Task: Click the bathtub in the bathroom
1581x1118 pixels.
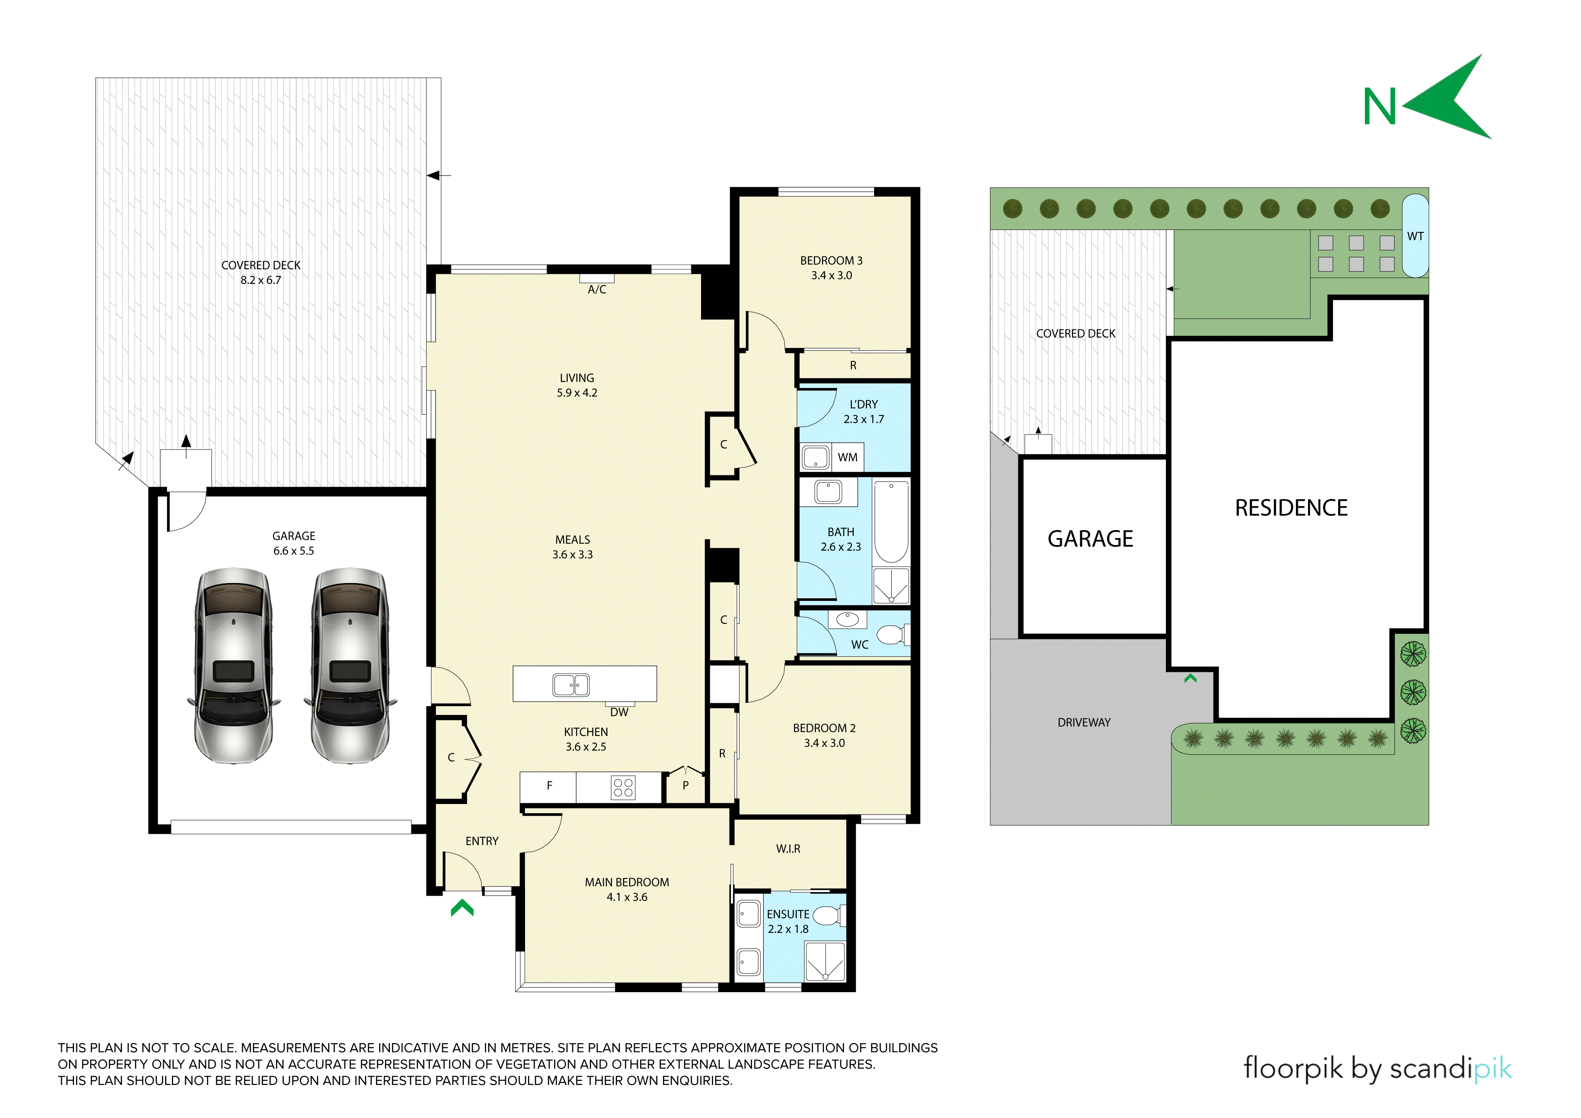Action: (x=891, y=521)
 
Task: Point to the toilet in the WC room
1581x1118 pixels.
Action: (x=892, y=634)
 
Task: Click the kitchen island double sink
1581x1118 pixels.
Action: (x=571, y=685)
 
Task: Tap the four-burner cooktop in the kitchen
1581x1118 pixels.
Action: (x=623, y=787)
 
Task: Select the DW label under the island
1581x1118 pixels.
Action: (x=619, y=712)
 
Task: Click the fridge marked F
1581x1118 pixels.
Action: (x=549, y=787)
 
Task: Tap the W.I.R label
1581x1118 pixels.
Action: (x=788, y=849)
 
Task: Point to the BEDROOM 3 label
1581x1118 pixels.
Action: (x=831, y=260)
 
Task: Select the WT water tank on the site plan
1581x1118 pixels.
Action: (x=1415, y=235)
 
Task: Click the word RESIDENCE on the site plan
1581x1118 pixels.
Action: (x=1291, y=508)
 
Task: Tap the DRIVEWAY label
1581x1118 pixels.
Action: (x=1084, y=722)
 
